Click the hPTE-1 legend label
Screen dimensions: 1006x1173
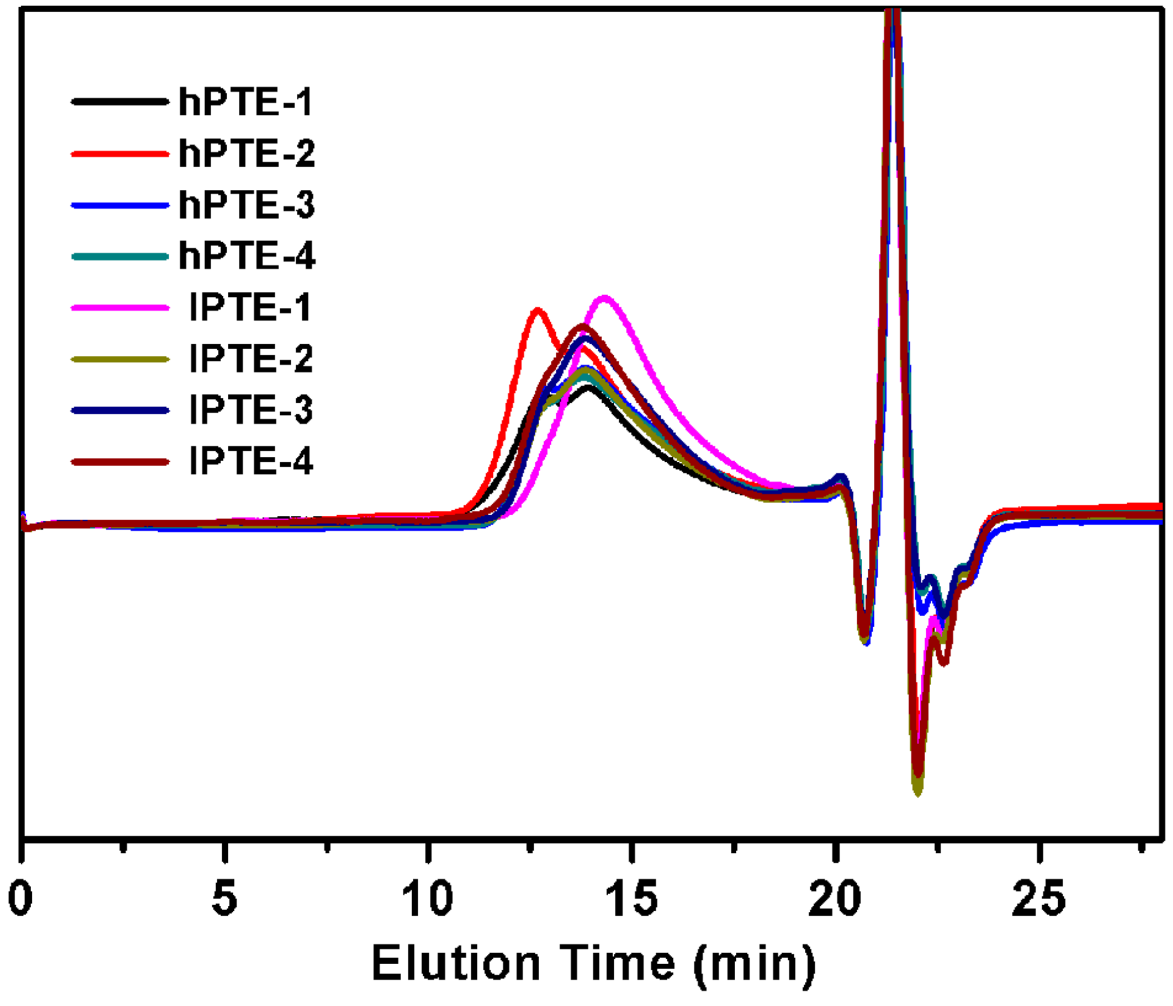point(245,102)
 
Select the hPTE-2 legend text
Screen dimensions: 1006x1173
point(246,153)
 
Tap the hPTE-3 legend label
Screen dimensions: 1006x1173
point(246,205)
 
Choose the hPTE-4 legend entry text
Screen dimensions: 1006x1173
point(246,256)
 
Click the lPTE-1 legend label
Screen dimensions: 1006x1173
point(250,307)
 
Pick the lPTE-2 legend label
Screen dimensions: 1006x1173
point(251,358)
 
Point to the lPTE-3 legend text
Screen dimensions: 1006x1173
point(251,410)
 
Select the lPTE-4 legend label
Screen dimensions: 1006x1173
point(251,461)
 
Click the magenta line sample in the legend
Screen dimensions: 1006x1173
point(120,307)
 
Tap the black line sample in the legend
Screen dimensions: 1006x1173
point(120,102)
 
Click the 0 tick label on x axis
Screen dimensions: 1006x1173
point(21,899)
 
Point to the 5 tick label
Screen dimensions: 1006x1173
point(225,899)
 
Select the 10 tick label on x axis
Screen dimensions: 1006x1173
point(427,899)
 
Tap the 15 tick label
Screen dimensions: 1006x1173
point(631,899)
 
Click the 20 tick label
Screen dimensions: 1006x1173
point(834,899)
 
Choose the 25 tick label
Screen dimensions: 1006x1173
point(1038,899)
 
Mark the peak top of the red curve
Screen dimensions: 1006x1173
point(537,310)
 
